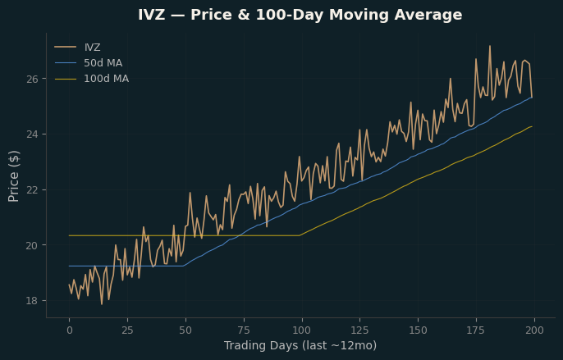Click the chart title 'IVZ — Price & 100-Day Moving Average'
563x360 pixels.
[x=300, y=15]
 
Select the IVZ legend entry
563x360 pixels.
[x=77, y=48]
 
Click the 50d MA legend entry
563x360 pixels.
[x=89, y=63]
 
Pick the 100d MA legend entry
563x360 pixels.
[x=92, y=79]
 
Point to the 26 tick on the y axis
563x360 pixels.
[x=32, y=79]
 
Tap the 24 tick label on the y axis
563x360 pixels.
[x=32, y=134]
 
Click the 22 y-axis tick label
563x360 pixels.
[x=32, y=190]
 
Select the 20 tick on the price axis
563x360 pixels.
[x=32, y=245]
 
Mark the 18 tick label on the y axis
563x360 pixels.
[x=32, y=301]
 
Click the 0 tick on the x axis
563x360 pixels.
[x=69, y=330]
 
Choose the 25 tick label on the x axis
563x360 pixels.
[x=127, y=330]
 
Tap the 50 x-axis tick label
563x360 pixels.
[x=185, y=330]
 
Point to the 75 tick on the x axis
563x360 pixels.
[x=244, y=330]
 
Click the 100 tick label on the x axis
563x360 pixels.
[x=302, y=330]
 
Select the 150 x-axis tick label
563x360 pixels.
[x=419, y=330]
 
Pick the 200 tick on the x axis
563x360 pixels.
[x=534, y=330]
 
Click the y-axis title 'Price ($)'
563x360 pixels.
[x=14, y=176]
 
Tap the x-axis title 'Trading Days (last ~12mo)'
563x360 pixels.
[x=300, y=345]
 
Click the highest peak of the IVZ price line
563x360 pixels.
[x=490, y=46]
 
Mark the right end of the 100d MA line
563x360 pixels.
[x=532, y=127]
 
